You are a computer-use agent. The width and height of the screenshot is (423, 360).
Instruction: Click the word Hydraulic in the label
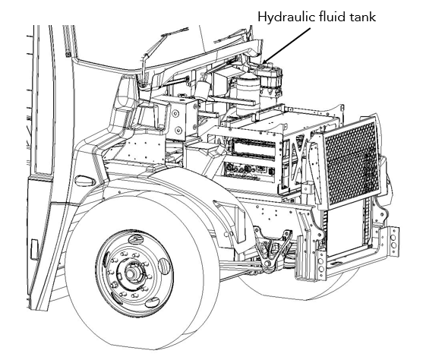point(285,16)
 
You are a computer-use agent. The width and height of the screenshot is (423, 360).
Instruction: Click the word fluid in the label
point(333,16)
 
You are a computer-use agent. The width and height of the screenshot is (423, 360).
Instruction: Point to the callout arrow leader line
point(289,46)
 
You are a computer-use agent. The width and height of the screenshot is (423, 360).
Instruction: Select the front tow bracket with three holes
point(392,242)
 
